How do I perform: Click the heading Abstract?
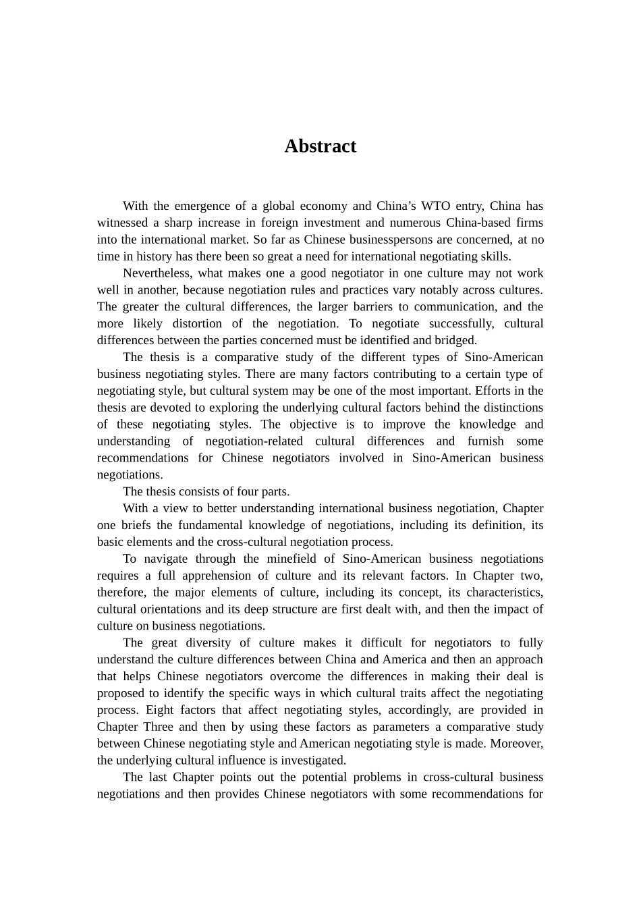coord(320,146)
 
